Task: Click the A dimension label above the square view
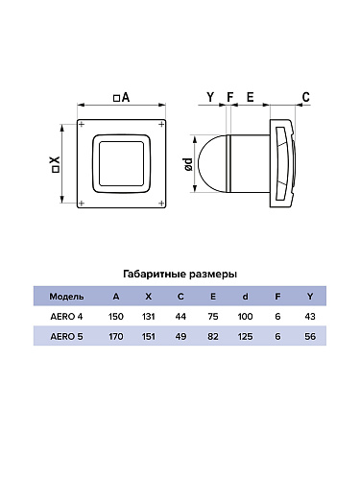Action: [122, 97]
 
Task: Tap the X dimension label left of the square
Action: [56, 165]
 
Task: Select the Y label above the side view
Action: [210, 97]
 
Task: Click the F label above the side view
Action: [230, 97]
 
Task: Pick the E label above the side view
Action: [250, 97]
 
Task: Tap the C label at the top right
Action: [306, 97]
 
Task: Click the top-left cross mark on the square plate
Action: [82, 124]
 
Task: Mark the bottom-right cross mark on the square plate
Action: [161, 203]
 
